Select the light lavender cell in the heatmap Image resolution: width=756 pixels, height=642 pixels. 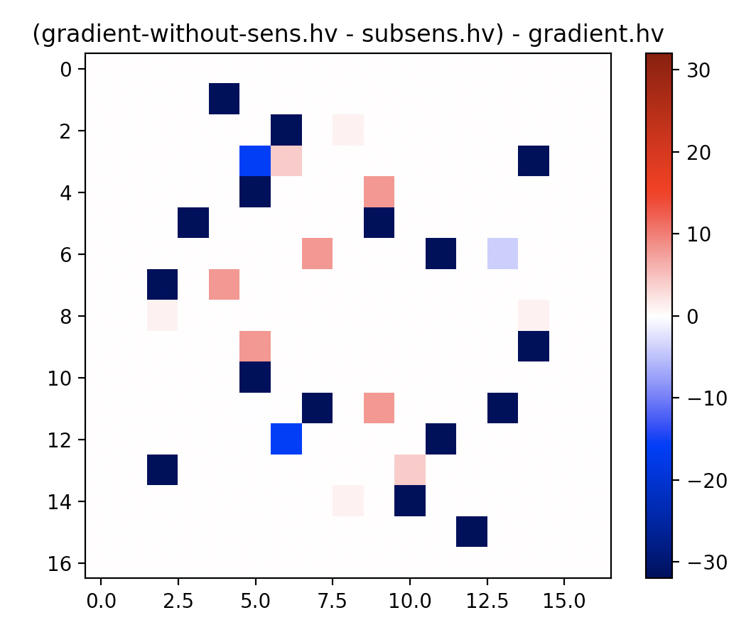[x=502, y=254]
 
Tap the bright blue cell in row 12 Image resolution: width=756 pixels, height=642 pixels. [x=286, y=439]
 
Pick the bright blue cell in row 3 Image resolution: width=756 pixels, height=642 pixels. [x=255, y=160]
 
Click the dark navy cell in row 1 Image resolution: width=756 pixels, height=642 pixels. [x=224, y=99]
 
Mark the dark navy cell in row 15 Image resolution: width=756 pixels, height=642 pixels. [x=472, y=532]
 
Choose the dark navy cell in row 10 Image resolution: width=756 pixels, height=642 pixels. [x=255, y=377]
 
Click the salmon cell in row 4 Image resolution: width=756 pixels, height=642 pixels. [x=379, y=192]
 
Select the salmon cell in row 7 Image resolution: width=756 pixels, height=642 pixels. [x=224, y=284]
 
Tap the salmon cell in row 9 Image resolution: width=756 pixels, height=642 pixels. [x=255, y=346]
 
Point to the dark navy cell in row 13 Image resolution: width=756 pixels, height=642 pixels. [x=162, y=470]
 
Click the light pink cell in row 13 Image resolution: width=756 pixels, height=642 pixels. [x=410, y=470]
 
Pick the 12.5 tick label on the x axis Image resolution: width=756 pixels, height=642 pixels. [x=502, y=601]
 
